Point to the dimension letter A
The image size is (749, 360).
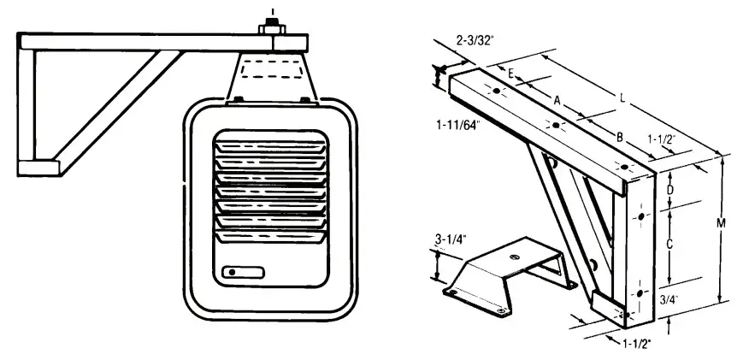pyautogui.click(x=557, y=100)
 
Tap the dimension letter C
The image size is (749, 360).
pyautogui.click(x=670, y=244)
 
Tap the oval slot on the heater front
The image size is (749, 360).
pyautogui.click(x=244, y=273)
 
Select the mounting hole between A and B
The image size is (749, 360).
pyautogui.click(x=556, y=126)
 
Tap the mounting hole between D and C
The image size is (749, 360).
pyautogui.click(x=640, y=218)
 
